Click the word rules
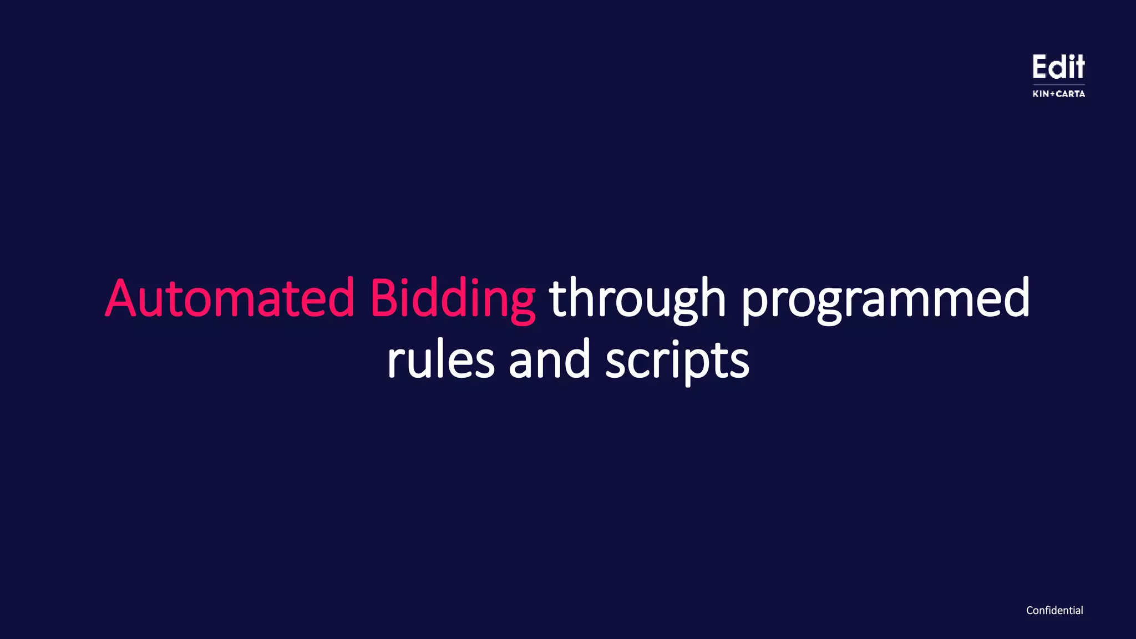click(x=440, y=361)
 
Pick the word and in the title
click(x=549, y=361)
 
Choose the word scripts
click(x=677, y=361)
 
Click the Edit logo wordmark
click(x=1058, y=67)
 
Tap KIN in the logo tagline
click(x=1041, y=94)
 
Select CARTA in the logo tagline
click(x=1071, y=94)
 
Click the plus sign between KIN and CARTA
click(x=1052, y=94)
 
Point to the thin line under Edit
click(x=1058, y=85)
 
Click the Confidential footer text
click(x=1054, y=610)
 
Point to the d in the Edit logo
click(x=1058, y=67)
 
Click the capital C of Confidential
click(x=1030, y=610)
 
